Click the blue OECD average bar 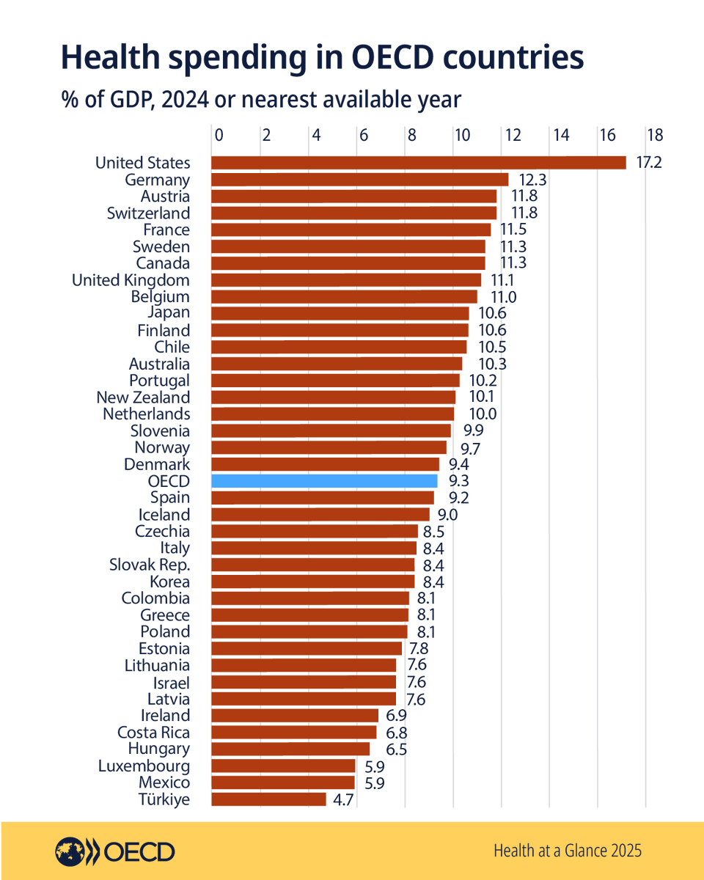pos(324,481)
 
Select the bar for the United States pos(418,163)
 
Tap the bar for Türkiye pos(268,799)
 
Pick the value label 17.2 pos(648,163)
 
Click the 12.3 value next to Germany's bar pos(532,180)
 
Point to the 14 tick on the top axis pos(561,135)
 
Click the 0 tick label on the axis pos(219,135)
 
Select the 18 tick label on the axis pos(654,135)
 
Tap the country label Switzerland pos(148,213)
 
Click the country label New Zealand pos(143,397)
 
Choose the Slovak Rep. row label pos(150,565)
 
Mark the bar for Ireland pos(295,716)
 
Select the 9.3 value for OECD pos(459,481)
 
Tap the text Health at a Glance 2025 pos(568,851)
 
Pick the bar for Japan pos(340,314)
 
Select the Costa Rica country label pos(153,733)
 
